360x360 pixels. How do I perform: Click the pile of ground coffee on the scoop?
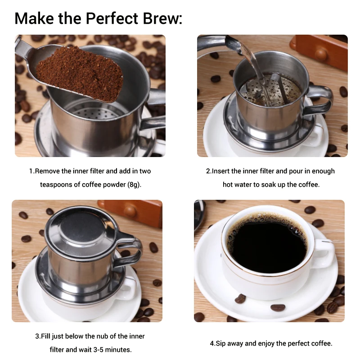tap(79, 72)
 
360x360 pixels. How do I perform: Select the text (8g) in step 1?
tap(134, 184)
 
